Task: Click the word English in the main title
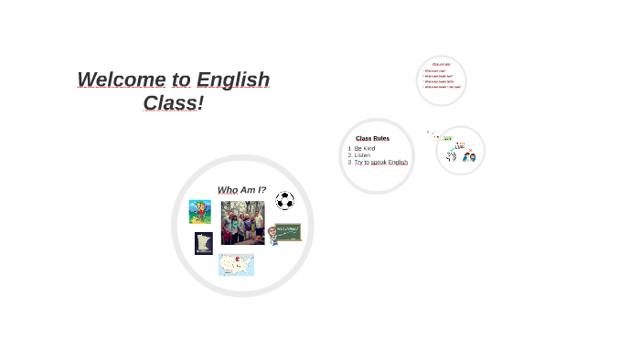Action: tap(233, 80)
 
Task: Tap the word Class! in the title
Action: tap(173, 103)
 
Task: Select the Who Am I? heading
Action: tap(241, 190)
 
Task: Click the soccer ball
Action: tap(284, 200)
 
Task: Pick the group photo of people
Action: tap(242, 222)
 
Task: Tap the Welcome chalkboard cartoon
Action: tap(284, 233)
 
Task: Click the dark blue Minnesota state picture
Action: tap(203, 243)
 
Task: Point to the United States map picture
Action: tap(236, 265)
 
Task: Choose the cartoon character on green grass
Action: tap(199, 212)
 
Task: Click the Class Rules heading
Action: tap(372, 138)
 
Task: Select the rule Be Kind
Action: tap(365, 148)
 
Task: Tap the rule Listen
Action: tap(363, 155)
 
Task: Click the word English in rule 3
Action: tap(398, 163)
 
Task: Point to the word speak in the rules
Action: tap(379, 163)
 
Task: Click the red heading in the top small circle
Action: tap(442, 64)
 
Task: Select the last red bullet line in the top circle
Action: tap(443, 87)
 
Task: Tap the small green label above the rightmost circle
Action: tap(447, 138)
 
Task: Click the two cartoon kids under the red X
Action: tap(469, 157)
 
